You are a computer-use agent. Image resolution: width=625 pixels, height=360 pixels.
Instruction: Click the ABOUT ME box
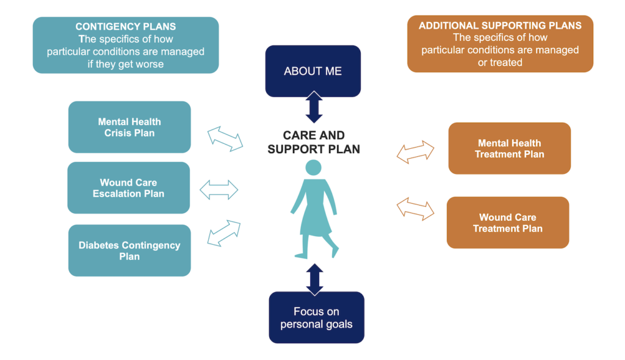[312, 71]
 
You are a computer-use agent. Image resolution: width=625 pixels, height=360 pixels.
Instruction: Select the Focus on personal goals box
[316, 317]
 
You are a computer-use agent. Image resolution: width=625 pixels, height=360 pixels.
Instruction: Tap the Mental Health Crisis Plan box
[129, 127]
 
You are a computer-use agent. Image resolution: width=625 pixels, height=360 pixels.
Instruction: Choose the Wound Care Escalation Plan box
[128, 188]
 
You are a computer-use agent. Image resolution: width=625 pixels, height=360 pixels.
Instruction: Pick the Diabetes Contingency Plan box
[129, 250]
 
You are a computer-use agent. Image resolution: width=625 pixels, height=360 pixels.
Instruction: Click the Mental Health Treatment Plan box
[509, 148]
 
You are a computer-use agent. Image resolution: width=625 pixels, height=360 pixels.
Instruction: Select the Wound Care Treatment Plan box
[507, 222]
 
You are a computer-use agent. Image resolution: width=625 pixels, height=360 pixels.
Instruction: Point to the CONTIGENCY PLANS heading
[126, 27]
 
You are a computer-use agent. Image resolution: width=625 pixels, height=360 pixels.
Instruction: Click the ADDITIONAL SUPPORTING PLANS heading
[500, 26]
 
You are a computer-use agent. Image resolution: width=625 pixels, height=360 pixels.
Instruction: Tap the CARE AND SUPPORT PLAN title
[314, 142]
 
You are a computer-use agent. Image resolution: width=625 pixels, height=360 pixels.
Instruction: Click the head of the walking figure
[313, 167]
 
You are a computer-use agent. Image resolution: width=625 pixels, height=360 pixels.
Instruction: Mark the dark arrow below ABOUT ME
[313, 107]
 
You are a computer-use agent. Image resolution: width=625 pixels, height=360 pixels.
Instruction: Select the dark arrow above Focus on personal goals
[314, 278]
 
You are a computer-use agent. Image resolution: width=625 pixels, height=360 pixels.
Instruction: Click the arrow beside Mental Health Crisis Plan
[225, 139]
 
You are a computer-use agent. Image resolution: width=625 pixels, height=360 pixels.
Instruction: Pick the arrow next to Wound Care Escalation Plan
[219, 189]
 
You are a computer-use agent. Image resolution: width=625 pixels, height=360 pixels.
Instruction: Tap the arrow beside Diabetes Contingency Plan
[223, 233]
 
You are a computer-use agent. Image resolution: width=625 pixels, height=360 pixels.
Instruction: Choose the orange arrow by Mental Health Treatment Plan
[416, 151]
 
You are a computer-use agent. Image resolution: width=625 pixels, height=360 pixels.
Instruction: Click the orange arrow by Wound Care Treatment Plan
[416, 207]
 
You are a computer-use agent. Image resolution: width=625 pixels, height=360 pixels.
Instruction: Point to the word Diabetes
[99, 245]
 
